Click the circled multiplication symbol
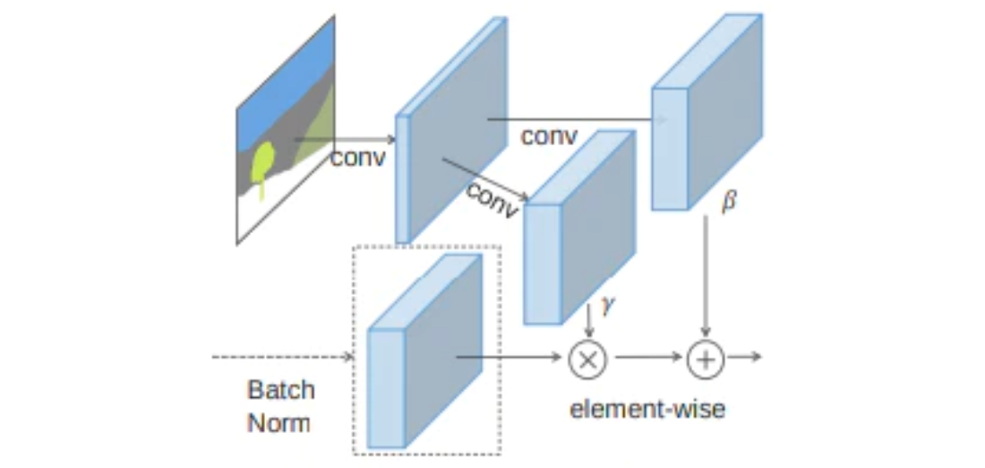pos(588,360)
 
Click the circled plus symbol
pos(707,360)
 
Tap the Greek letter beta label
pos(729,203)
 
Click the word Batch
pos(281,390)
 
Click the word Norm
pos(278,422)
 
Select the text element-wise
pos(647,410)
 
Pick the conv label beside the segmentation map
pos(357,157)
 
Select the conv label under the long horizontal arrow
pos(548,136)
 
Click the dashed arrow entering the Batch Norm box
pos(283,358)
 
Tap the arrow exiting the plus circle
pos(744,357)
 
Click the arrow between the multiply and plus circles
pos(648,357)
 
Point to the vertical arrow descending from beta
pos(706,276)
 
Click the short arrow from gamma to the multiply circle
pos(588,321)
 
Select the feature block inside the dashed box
pos(424,351)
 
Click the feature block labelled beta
pos(707,111)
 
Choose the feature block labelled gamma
pos(580,227)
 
